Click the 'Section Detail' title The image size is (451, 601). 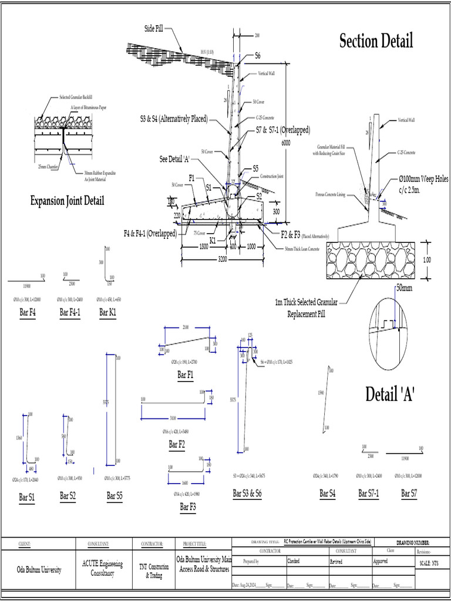coord(376,41)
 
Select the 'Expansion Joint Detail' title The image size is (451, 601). coord(67,201)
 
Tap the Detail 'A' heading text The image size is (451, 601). coord(390,394)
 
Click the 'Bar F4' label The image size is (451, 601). coord(28,313)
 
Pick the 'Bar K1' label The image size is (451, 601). coord(107,313)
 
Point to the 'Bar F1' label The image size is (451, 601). coord(186,374)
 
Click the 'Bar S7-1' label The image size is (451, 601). coord(369,494)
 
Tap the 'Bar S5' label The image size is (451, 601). coord(115,496)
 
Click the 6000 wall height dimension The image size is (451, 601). coord(286,143)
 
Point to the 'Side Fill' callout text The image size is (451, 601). coord(154,29)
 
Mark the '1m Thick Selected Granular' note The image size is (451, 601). coord(306,303)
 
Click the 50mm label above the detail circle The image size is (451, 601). coord(405,289)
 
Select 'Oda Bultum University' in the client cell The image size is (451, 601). coord(38,570)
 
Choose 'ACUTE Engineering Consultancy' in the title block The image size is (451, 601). coord(103,567)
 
